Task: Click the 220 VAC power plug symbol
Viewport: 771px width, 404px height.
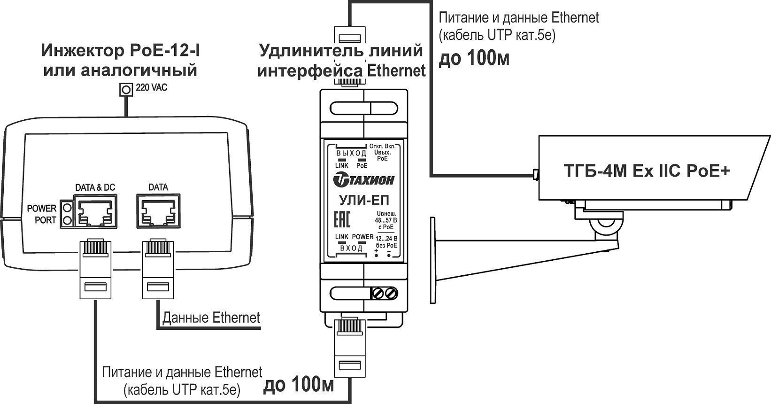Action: [125, 88]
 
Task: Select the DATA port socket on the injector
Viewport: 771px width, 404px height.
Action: [158, 212]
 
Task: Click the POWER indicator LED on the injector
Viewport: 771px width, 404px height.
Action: [67, 208]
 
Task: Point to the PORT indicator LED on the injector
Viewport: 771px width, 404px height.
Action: [67, 220]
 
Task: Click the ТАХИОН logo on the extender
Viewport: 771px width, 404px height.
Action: [364, 180]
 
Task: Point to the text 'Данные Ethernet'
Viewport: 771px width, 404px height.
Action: [211, 318]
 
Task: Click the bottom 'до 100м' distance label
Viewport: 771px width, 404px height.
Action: [299, 386]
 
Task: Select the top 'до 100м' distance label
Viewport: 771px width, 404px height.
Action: [474, 59]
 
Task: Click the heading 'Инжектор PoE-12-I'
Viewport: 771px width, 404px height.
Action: [121, 50]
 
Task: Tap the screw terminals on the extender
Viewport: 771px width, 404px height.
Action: [384, 294]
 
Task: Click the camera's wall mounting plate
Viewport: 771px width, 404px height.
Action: [432, 259]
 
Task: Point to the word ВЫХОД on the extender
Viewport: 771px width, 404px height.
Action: [351, 153]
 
